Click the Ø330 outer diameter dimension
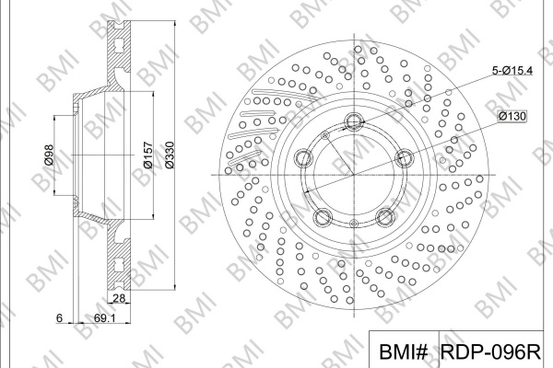(x=170, y=155)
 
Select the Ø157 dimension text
(x=148, y=155)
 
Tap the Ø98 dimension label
(x=48, y=155)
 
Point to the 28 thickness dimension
(x=119, y=298)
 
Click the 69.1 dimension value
(x=105, y=318)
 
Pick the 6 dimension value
(x=60, y=318)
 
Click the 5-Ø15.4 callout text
(x=512, y=71)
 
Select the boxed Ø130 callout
(x=512, y=116)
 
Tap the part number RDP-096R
(x=490, y=351)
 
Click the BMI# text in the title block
(x=404, y=351)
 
